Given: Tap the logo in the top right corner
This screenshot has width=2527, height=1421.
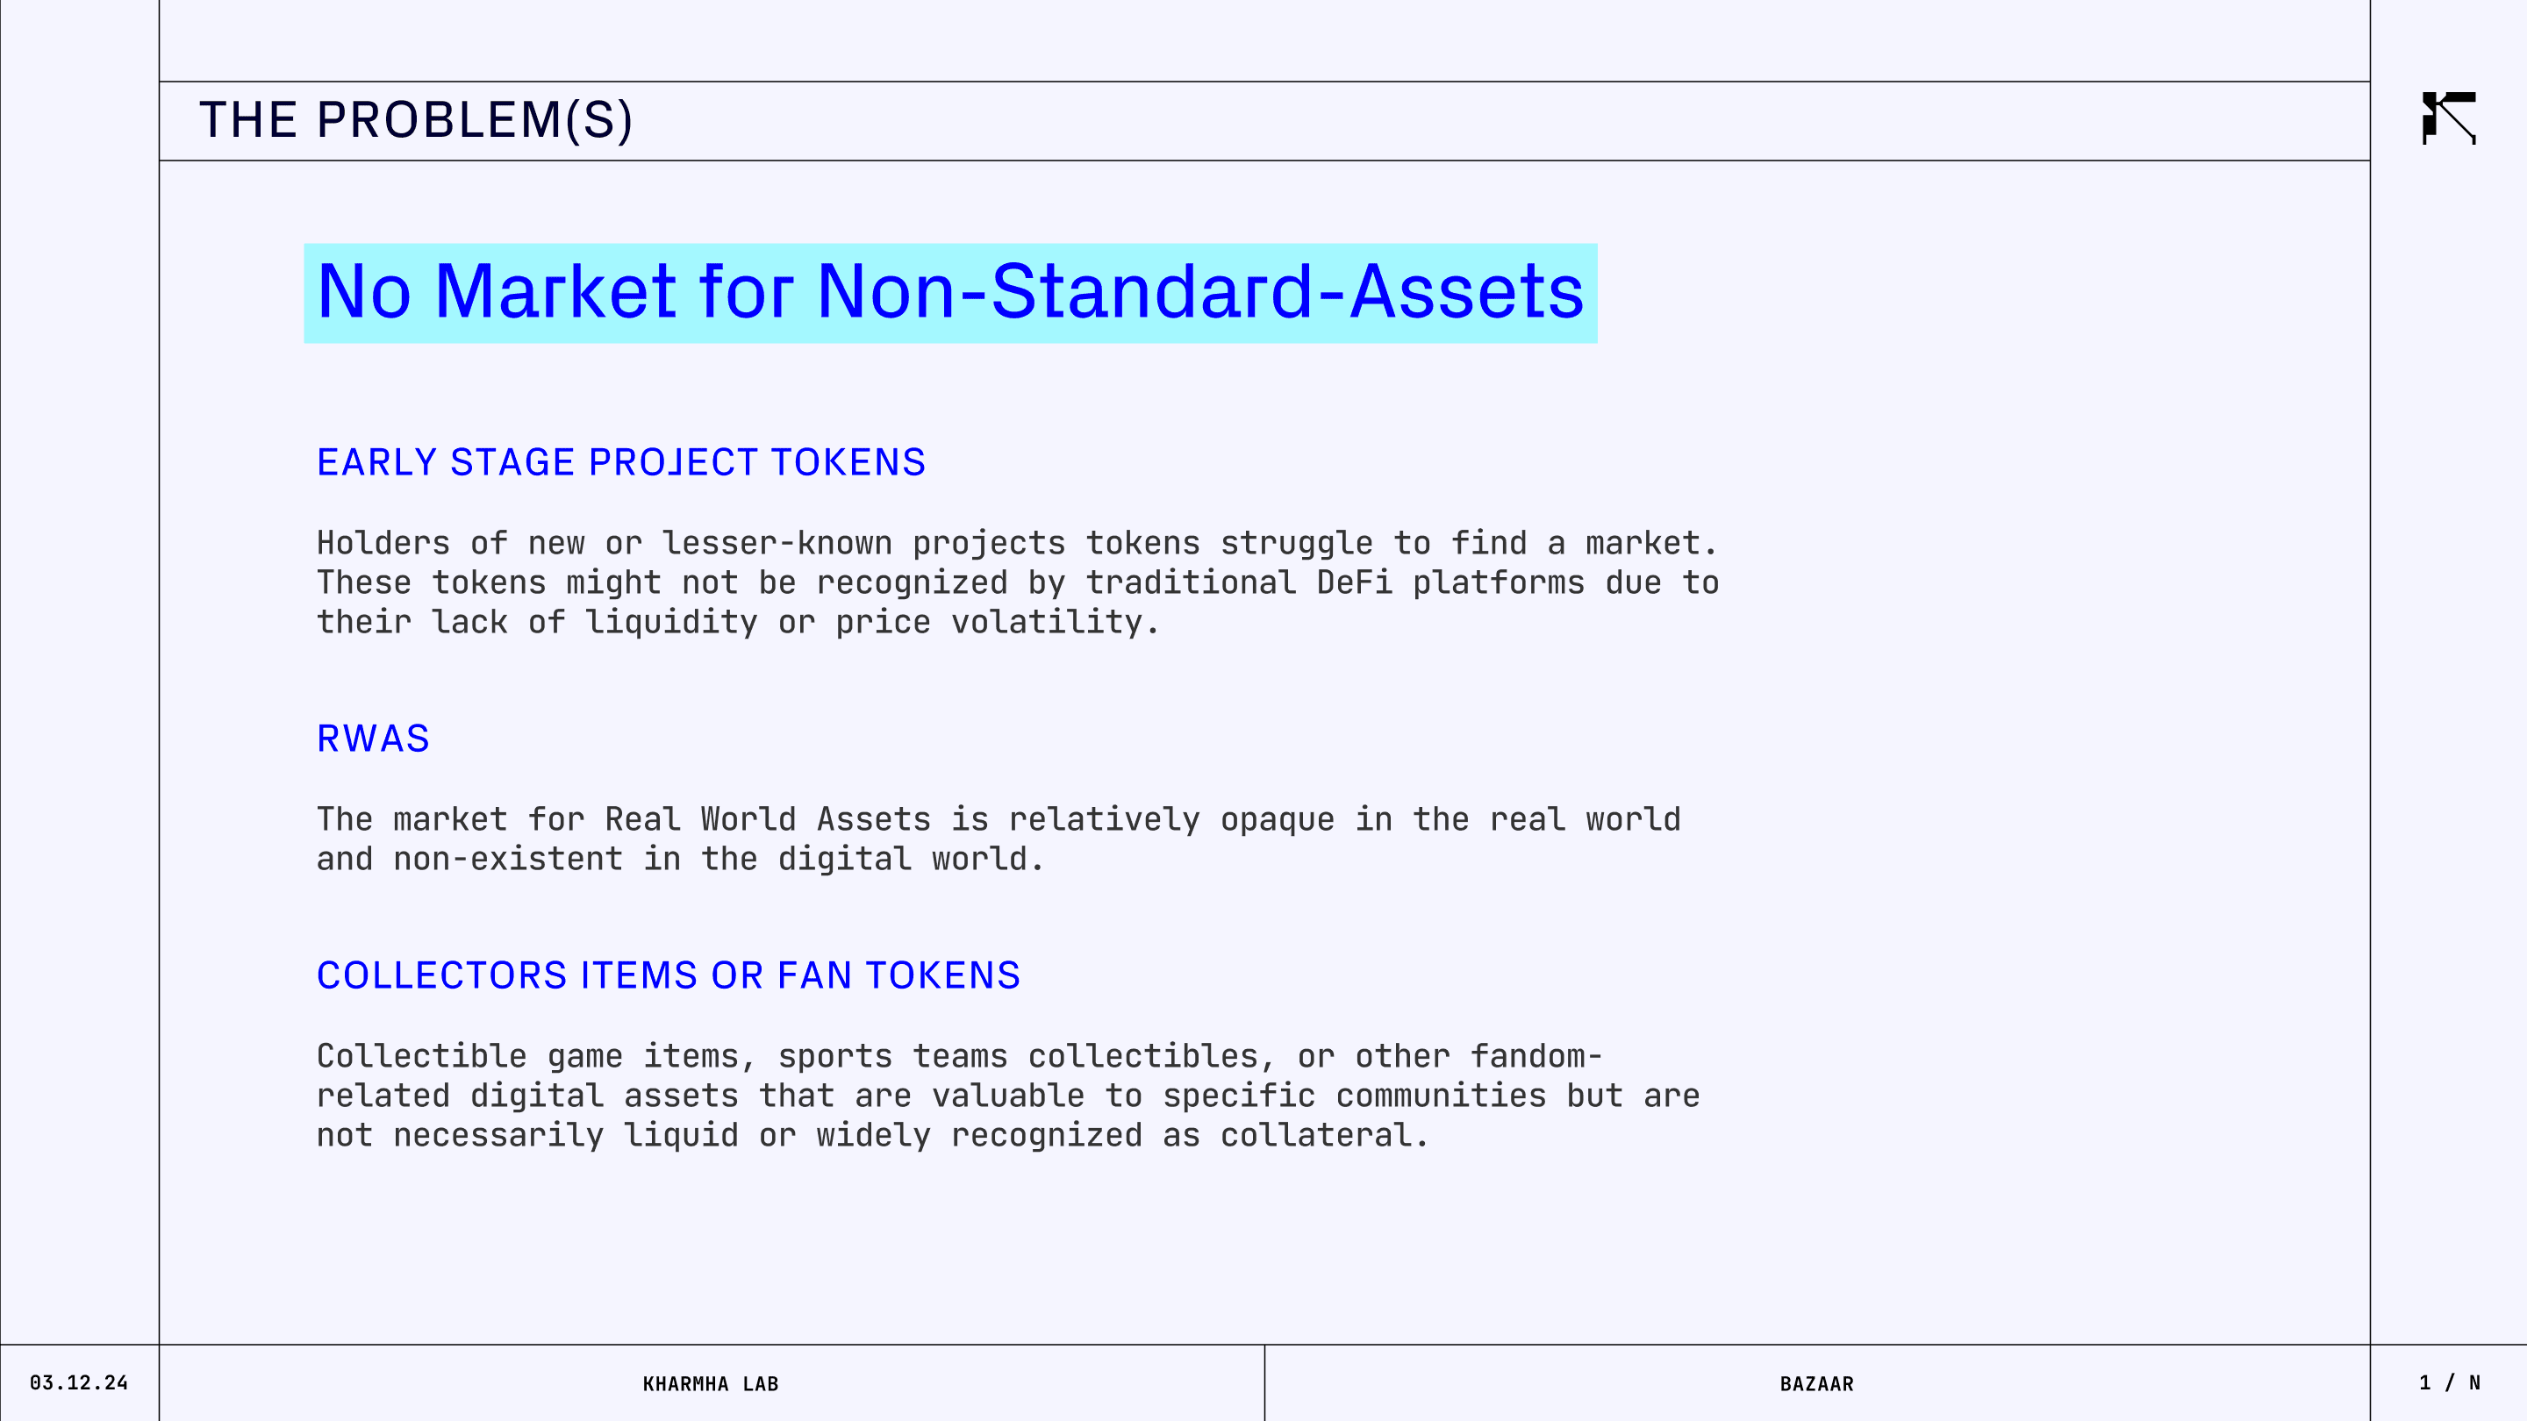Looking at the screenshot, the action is click(x=2449, y=118).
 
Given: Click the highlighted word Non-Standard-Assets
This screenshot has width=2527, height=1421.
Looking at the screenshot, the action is click(x=1199, y=291).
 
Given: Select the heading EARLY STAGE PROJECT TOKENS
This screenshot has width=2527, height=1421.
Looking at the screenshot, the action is click(x=621, y=462).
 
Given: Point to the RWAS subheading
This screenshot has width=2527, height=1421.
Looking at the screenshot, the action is click(x=373, y=739).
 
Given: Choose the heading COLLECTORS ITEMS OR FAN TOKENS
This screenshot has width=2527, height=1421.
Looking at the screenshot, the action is click(x=668, y=975).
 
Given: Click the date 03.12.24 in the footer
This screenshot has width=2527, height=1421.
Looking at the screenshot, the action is click(x=78, y=1382).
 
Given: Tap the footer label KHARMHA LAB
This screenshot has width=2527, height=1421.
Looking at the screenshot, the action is click(x=710, y=1384).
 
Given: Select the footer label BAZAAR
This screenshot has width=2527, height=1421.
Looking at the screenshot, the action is click(x=1817, y=1384).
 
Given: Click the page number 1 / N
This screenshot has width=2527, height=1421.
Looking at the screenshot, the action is click(x=2450, y=1382).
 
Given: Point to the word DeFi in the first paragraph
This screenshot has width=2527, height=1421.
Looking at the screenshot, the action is click(x=1354, y=582).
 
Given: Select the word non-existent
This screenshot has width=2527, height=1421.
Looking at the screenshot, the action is click(x=508, y=859).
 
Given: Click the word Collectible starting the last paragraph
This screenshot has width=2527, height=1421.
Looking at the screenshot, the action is click(x=422, y=1056).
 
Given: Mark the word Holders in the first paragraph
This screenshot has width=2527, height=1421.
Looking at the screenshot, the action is click(x=383, y=543).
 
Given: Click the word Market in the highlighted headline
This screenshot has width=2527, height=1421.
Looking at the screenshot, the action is click(x=555, y=291).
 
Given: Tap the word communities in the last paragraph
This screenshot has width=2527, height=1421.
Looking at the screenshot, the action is click(x=1441, y=1096).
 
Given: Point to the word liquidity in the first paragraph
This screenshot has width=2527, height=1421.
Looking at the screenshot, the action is click(x=671, y=623).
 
